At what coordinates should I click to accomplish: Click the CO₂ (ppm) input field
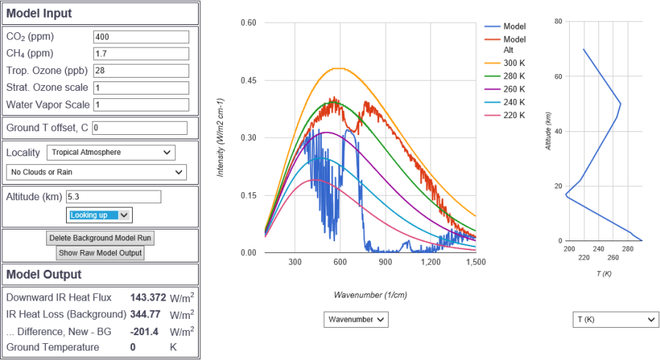142,37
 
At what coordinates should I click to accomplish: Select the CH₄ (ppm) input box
142,54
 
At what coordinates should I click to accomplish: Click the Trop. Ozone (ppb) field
142,70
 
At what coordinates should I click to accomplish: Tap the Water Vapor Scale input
142,105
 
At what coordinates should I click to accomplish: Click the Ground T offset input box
139,128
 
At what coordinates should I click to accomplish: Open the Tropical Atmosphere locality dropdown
111,153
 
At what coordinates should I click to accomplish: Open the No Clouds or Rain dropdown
96,172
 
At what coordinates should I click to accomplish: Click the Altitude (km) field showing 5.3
113,196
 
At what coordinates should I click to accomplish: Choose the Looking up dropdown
100,215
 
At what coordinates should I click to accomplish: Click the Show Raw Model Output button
100,253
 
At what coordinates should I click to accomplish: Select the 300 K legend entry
513,64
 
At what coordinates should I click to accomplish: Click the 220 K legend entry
513,115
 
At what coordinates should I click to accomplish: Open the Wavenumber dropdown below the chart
356,320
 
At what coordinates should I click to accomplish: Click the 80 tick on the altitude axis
559,21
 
